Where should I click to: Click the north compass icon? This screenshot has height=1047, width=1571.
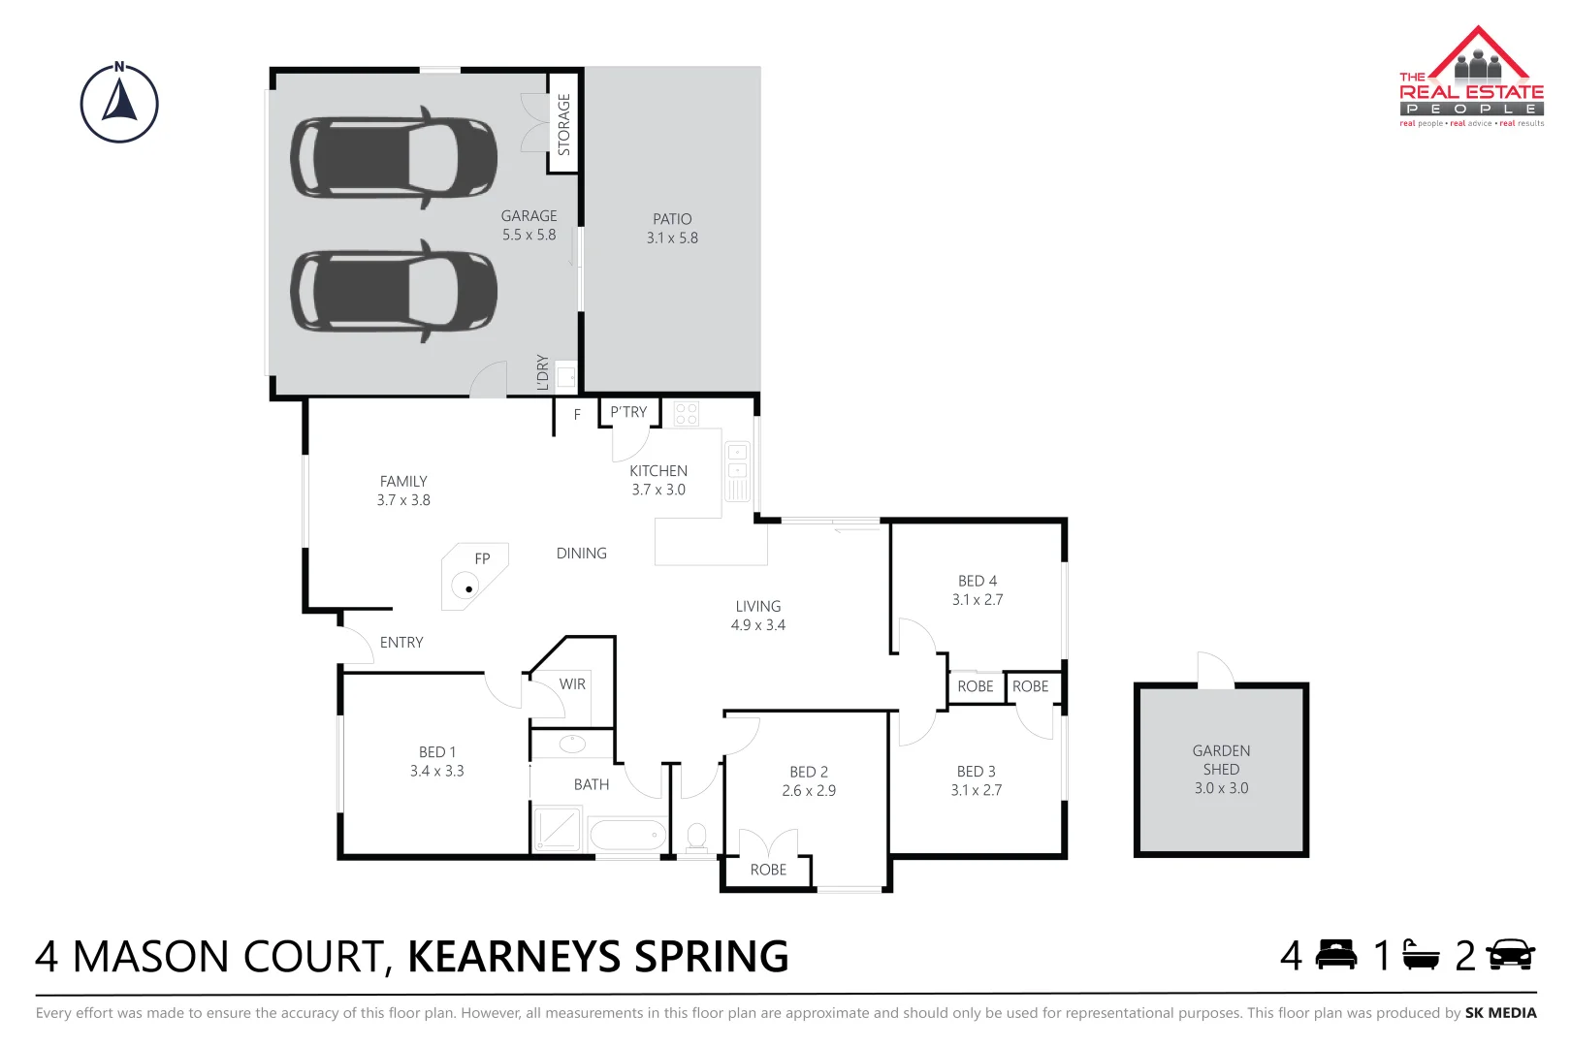point(119,104)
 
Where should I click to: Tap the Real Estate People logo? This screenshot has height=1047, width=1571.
point(1470,78)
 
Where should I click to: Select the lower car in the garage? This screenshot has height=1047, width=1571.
point(393,290)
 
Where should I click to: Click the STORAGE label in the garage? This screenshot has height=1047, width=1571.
point(564,124)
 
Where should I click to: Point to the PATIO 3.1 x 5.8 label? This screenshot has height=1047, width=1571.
point(672,229)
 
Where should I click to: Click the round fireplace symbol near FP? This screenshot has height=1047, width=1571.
point(467,587)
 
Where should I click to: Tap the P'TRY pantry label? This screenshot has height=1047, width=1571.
point(628,412)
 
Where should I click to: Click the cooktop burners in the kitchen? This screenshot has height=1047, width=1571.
point(687,414)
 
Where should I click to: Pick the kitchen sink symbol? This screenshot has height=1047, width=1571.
point(737,461)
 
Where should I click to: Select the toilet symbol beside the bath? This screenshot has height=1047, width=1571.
point(696,836)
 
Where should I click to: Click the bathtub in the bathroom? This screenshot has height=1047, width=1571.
point(627,834)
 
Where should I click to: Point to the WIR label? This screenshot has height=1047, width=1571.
point(572,684)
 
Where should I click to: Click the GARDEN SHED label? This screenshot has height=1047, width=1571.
point(1221,760)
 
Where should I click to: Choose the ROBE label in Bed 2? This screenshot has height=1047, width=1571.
point(768,870)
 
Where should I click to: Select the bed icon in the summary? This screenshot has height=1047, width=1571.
point(1335,955)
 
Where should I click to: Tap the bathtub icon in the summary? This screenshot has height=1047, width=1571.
point(1421,955)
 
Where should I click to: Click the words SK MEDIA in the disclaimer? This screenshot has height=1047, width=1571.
point(1500,1013)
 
